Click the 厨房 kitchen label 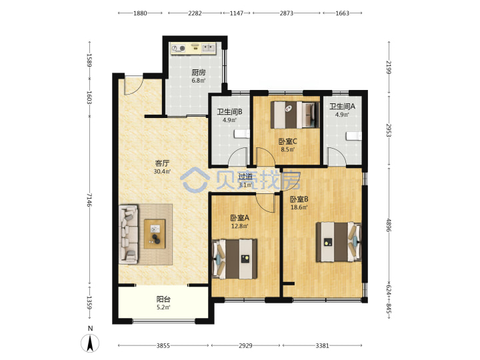click(199, 73)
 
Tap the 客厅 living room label click(162, 163)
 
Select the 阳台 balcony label click(163, 299)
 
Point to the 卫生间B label click(229, 112)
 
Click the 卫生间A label click(342, 106)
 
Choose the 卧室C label click(287, 141)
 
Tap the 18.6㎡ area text click(299, 207)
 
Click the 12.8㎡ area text click(240, 226)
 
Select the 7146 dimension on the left click(89, 199)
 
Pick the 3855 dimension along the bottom click(163, 345)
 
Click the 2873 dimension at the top click(286, 13)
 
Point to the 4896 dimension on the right click(389, 225)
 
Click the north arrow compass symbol click(90, 343)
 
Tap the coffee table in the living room click(155, 234)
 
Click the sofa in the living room click(129, 235)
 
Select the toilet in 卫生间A click(354, 136)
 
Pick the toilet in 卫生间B click(242, 134)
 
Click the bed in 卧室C click(295, 115)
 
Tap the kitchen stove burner click(183, 48)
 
